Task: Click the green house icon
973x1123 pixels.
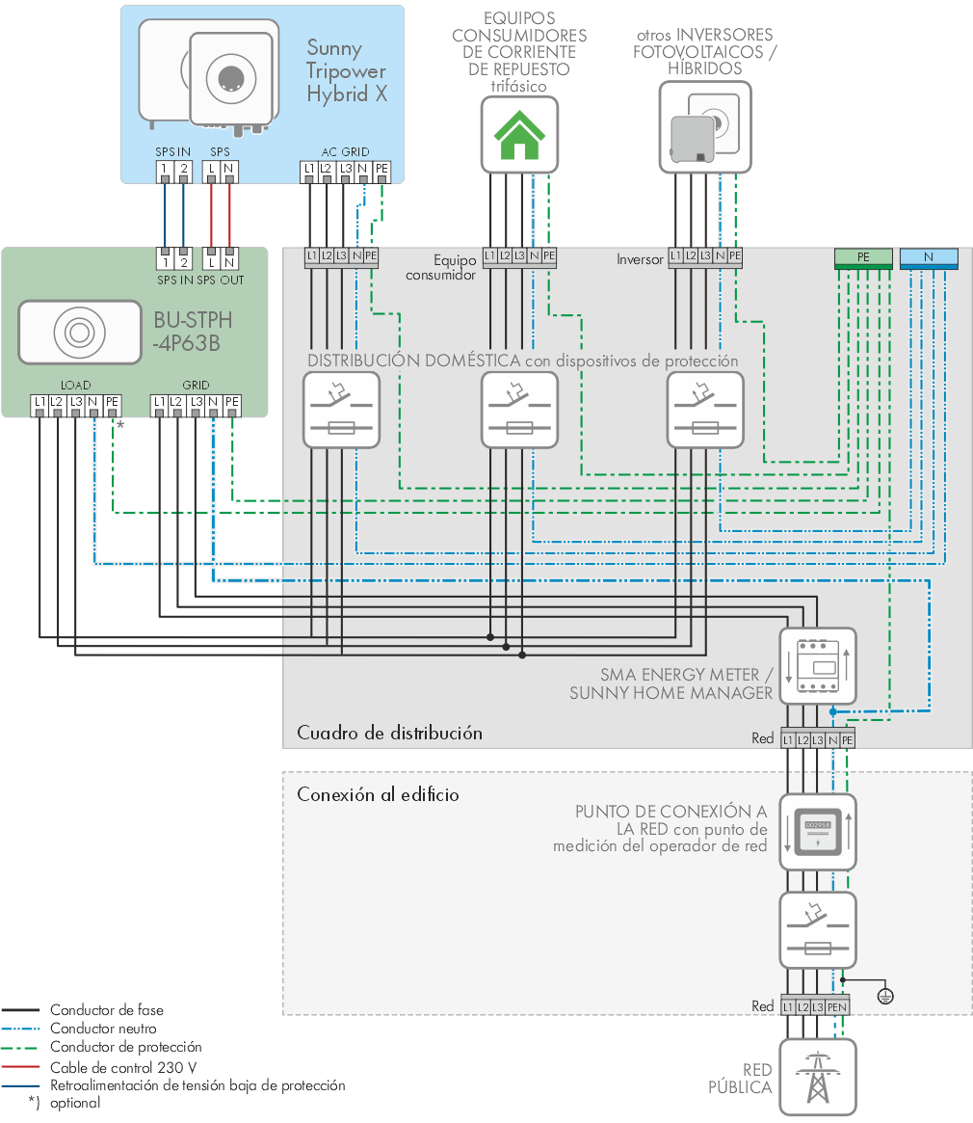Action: pyautogui.click(x=519, y=135)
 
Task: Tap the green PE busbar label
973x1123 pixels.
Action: pyautogui.click(x=863, y=257)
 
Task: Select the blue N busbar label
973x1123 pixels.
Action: pyautogui.click(x=929, y=257)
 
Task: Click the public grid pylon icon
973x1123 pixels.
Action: pyautogui.click(x=818, y=1077)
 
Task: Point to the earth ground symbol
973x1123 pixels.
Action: pyautogui.click(x=885, y=996)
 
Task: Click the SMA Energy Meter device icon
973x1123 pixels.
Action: pyautogui.click(x=818, y=666)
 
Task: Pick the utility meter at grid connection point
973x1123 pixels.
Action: pyautogui.click(x=818, y=832)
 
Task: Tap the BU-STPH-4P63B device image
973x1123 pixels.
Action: pyautogui.click(x=80, y=333)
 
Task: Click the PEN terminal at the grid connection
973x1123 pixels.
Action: pyautogui.click(x=837, y=1007)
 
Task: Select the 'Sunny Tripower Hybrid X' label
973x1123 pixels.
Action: pyautogui.click(x=347, y=71)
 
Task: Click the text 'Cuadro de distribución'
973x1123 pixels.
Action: pyautogui.click(x=389, y=733)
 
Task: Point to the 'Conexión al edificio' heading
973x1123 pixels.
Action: pyautogui.click(x=378, y=794)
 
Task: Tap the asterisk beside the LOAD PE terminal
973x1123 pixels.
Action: pyautogui.click(x=120, y=425)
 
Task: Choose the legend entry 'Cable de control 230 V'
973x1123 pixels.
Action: pyautogui.click(x=123, y=1067)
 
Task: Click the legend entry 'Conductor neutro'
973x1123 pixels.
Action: pyautogui.click(x=103, y=1029)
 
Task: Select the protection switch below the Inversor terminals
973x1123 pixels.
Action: pyautogui.click(x=705, y=411)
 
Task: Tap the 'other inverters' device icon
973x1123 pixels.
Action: pyautogui.click(x=705, y=127)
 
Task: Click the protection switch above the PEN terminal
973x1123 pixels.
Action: pyautogui.click(x=818, y=930)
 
